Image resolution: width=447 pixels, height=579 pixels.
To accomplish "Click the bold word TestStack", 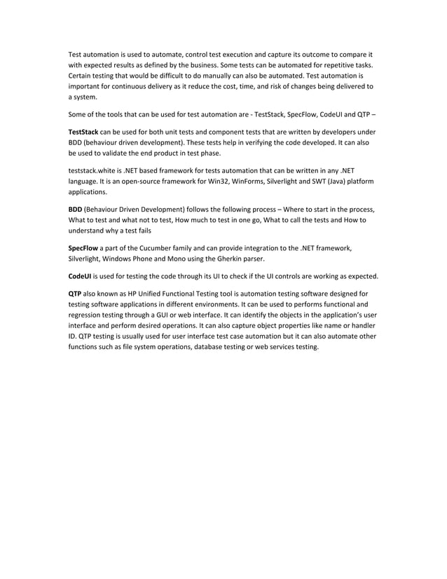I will pyautogui.click(x=83, y=132).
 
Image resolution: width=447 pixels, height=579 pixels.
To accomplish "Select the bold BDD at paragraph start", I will pyautogui.click(x=75, y=209).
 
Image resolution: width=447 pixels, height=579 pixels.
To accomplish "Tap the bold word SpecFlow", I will pyautogui.click(x=83, y=247).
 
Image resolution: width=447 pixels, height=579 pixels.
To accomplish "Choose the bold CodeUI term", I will pyautogui.click(x=79, y=275).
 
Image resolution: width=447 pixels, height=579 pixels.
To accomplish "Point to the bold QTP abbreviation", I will pyautogui.click(x=75, y=294).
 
